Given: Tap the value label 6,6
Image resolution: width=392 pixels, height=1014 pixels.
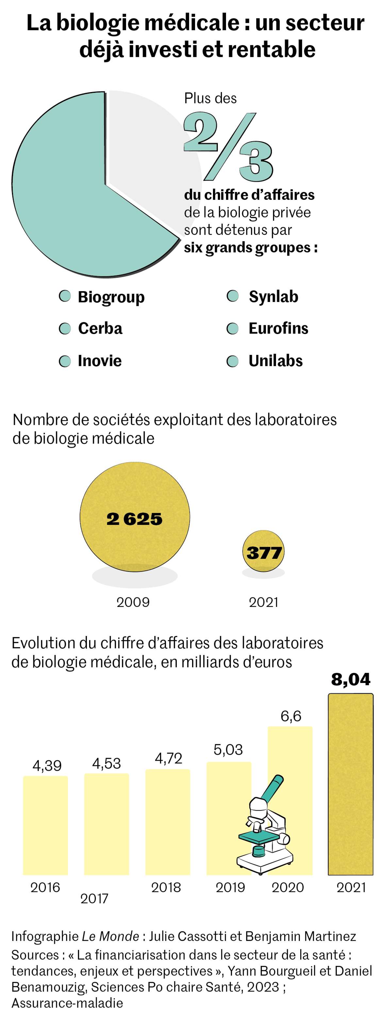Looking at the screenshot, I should click(291, 716).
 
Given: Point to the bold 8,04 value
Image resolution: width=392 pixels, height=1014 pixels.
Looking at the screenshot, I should click(351, 679).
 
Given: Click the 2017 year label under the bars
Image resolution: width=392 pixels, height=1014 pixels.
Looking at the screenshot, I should click(94, 898).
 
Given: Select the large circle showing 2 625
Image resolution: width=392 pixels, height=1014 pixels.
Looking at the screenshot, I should click(134, 516).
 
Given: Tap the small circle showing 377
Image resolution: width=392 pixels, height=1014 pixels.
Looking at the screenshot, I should click(263, 551).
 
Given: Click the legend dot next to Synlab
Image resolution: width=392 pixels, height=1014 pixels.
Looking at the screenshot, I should click(233, 296).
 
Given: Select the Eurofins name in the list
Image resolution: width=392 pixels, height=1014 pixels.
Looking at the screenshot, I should click(278, 328).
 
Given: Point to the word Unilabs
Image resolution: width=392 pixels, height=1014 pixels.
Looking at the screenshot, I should click(275, 360).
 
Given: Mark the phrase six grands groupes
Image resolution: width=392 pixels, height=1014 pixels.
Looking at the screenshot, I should click(251, 247).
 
